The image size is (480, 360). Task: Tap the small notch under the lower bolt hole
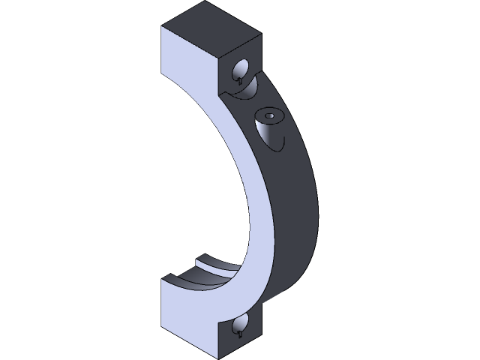[x=239, y=335]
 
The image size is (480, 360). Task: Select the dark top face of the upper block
[x=212, y=22]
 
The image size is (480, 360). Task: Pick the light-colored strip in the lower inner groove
[x=217, y=263]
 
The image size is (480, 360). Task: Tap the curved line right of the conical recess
[x=283, y=142]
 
